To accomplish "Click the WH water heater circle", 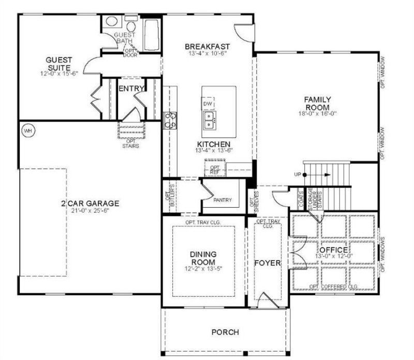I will tap(27, 131).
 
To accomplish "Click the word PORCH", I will tap(225, 332).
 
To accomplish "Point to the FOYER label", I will tap(267, 263).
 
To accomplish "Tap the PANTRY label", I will tap(222, 200).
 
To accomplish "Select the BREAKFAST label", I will tap(207, 47).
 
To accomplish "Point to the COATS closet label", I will tap(301, 198).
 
